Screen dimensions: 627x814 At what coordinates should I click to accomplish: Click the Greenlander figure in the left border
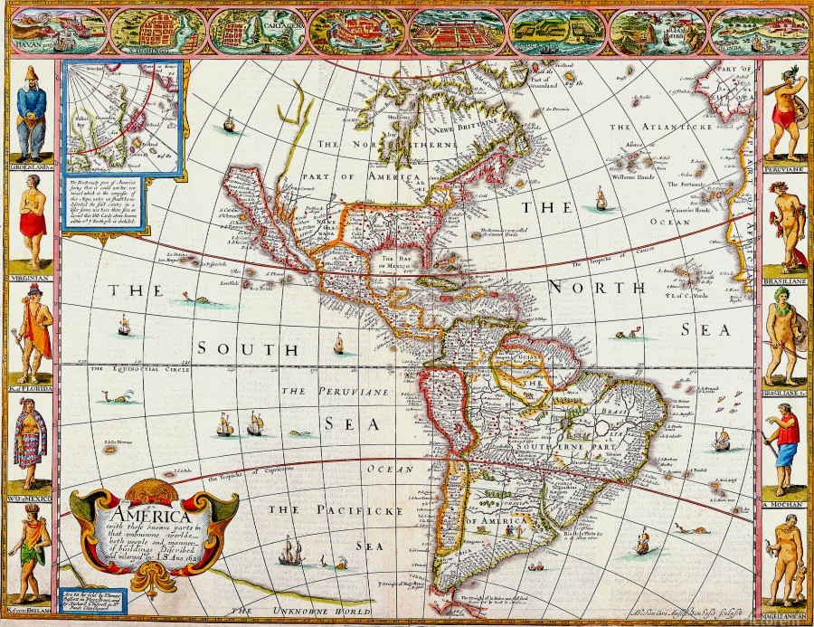(x=31, y=113)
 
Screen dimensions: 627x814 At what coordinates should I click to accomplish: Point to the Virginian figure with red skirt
(x=33, y=217)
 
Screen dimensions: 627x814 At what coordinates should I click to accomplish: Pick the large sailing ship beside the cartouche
(x=290, y=550)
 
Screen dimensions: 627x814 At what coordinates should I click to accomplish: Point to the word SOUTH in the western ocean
(x=248, y=349)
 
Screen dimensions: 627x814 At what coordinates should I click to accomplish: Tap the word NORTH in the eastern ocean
(x=597, y=288)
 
